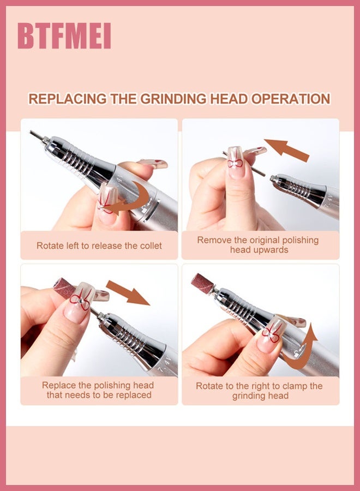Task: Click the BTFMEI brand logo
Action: pos(64,35)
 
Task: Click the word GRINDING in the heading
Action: pos(173,99)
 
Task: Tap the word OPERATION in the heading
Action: pos(291,99)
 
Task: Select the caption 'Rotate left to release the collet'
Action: pos(99,246)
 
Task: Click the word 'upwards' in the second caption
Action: pos(259,250)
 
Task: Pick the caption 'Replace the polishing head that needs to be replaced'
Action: pos(98,390)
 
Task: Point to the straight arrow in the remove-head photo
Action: pos(286,150)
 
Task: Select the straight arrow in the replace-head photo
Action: pos(128,293)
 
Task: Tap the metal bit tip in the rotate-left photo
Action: pos(37,134)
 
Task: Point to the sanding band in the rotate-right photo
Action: pos(202,283)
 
